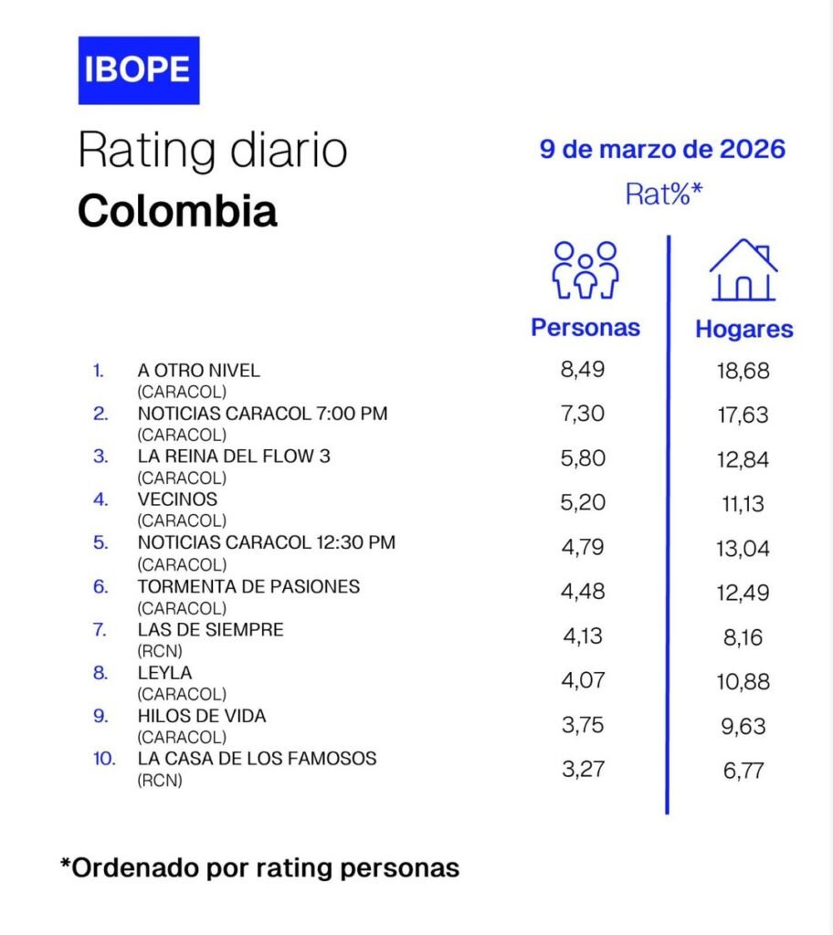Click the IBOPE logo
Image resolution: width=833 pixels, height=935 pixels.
138,70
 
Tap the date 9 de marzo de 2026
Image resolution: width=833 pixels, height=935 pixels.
662,149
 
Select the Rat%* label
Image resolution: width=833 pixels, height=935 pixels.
663,193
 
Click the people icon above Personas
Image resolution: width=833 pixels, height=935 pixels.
585,271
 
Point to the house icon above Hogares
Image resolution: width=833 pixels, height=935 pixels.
743,270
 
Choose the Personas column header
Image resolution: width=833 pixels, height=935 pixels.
585,328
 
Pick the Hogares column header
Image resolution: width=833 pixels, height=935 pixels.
744,329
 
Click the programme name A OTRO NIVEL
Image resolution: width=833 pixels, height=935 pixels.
198,371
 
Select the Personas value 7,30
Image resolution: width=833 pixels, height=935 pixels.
583,414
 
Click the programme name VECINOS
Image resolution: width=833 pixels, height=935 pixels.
177,500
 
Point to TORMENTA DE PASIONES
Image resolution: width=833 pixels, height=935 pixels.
248,586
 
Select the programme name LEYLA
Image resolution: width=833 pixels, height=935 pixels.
165,673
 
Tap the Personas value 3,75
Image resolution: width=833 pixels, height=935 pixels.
583,726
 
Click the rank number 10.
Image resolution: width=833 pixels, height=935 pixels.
104,759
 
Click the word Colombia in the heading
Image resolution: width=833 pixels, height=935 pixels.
176,211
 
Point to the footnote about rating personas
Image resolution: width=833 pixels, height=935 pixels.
259,867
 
